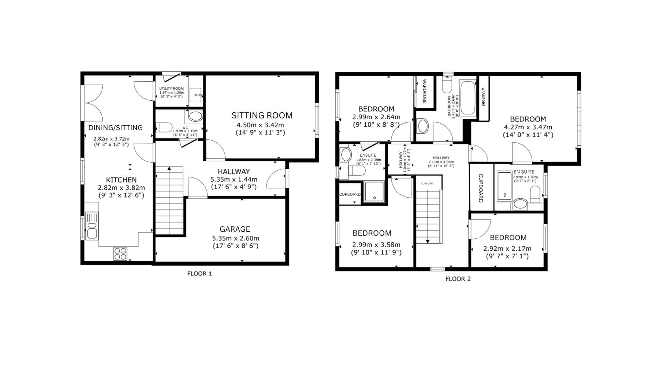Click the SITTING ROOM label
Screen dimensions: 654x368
point(262,115)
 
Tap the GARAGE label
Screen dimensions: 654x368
point(235,229)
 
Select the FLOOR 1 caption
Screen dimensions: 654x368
point(199,273)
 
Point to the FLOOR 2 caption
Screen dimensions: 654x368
point(458,279)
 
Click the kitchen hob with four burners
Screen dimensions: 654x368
point(120,254)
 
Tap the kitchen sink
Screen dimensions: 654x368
point(92,226)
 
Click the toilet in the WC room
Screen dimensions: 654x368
point(163,127)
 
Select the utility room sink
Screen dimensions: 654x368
point(196,95)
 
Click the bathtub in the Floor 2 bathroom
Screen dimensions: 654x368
point(468,98)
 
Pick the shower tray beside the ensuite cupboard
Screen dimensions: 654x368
point(375,192)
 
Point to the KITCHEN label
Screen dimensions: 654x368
point(121,180)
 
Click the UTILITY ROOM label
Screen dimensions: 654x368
point(171,89)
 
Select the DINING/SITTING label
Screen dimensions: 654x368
point(115,128)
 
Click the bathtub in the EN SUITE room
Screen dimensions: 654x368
point(505,186)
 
